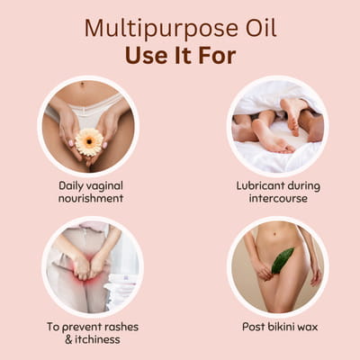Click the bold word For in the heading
coord(217,56)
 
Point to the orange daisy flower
coord(89,142)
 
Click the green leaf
coord(282,260)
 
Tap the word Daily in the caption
coord(71,186)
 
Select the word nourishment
coord(91,198)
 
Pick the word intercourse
coord(278,198)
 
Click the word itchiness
coord(97,339)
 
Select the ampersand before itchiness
coord(68,339)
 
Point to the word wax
coord(307,327)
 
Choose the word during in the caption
coord(304,186)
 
